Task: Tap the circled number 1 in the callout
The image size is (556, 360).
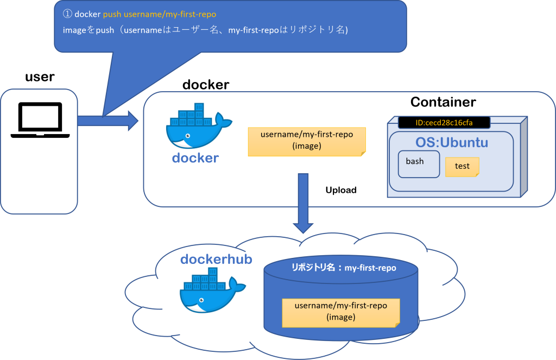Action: coord(68,14)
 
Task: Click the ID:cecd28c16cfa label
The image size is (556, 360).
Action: coord(444,123)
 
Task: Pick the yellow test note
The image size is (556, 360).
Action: coord(462,167)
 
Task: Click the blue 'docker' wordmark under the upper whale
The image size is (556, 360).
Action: coord(195,158)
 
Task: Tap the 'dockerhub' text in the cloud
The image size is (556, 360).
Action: coord(216,260)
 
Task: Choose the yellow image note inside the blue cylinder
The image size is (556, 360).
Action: coord(341,312)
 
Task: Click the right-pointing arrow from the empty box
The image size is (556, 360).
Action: coord(109,120)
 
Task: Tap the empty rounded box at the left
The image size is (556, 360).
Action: coord(39,151)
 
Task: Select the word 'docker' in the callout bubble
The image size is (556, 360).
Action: coord(87,14)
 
